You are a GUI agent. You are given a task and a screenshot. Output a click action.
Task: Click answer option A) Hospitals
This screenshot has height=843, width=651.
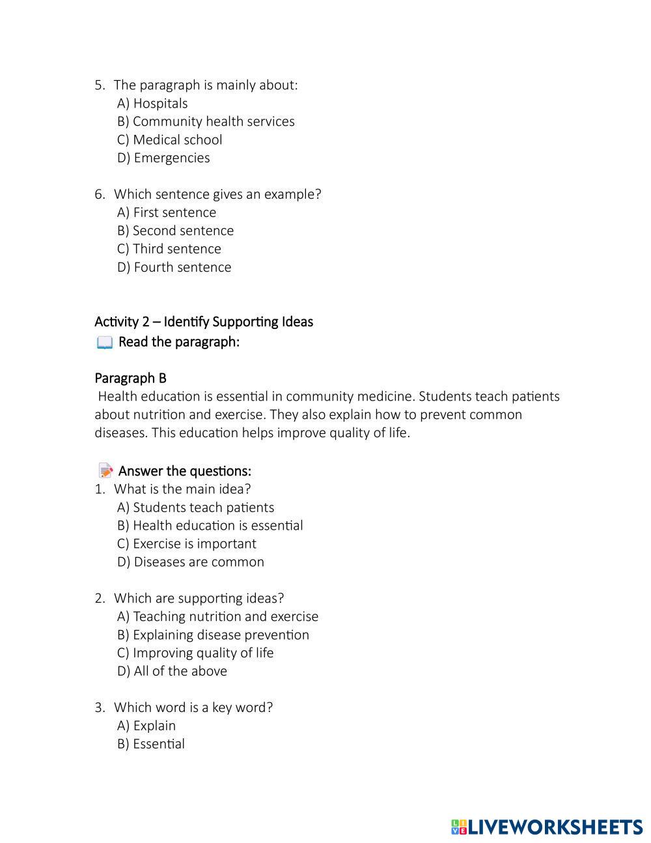click(152, 104)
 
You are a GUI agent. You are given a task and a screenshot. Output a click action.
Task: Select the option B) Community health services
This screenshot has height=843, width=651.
click(206, 122)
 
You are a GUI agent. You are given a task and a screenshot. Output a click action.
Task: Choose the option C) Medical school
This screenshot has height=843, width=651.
click(169, 140)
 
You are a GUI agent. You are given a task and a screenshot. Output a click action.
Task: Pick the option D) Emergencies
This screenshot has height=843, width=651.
click(163, 158)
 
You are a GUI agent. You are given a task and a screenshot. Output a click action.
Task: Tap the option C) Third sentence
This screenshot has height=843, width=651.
click(169, 249)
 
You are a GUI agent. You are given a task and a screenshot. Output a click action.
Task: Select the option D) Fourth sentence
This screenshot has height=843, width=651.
click(174, 267)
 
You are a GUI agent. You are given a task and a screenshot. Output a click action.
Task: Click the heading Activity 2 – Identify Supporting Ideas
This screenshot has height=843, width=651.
click(204, 322)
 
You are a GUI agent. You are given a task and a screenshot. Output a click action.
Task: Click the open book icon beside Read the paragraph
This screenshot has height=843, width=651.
click(104, 343)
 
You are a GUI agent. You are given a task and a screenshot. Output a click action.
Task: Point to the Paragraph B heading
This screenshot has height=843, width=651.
click(130, 379)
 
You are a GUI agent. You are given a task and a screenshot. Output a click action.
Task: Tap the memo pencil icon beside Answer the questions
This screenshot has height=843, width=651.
click(105, 470)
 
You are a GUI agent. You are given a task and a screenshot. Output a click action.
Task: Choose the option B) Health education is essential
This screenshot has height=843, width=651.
click(210, 526)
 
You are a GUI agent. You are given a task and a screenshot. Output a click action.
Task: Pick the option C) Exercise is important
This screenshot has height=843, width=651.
click(186, 544)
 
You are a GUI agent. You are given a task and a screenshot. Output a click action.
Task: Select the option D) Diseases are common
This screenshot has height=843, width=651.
click(191, 562)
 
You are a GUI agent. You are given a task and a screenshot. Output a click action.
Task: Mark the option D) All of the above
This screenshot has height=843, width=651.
click(172, 671)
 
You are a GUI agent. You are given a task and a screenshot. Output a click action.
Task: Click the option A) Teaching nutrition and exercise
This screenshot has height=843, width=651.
click(217, 616)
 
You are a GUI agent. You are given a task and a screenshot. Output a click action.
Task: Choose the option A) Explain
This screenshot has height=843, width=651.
click(146, 726)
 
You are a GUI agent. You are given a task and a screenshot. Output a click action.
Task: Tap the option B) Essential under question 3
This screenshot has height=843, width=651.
click(151, 744)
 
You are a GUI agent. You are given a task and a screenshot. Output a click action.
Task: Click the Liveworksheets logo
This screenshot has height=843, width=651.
click(547, 827)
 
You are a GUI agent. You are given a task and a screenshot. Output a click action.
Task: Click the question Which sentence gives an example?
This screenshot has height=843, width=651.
click(217, 194)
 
